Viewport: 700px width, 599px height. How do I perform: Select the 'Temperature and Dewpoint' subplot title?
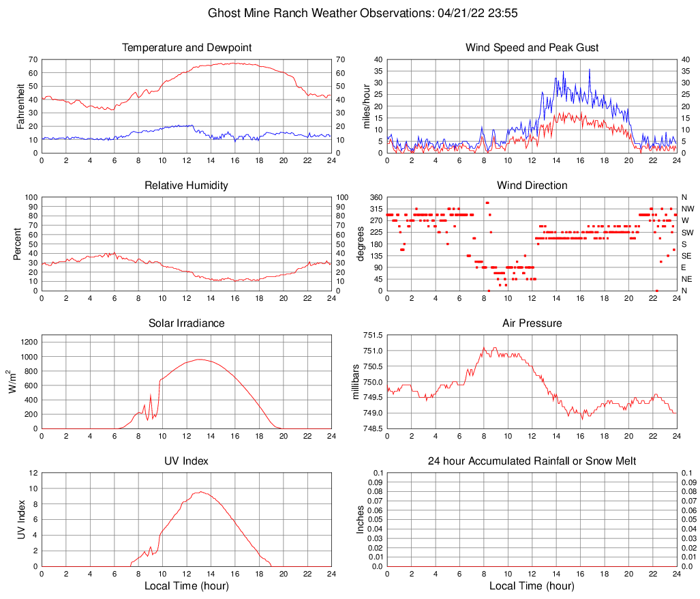coord(187,48)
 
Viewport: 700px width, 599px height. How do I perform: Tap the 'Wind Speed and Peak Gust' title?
coord(532,48)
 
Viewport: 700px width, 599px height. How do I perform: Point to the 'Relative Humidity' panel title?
coord(187,186)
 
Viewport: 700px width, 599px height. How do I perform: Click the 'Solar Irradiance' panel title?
coord(187,323)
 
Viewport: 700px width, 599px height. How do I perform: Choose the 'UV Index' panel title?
coord(187,461)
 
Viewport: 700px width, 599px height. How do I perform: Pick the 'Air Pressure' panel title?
coord(532,323)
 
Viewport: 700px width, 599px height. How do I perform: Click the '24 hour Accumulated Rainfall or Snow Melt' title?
coord(532,461)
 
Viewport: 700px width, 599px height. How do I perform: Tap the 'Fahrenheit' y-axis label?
coord(20,106)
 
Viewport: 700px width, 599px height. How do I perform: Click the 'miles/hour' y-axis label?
coord(366,106)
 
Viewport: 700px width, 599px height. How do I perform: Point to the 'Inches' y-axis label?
coord(361,520)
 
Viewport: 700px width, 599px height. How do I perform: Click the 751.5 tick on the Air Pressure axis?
coord(372,336)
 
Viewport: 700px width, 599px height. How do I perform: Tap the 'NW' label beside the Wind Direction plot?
coord(688,209)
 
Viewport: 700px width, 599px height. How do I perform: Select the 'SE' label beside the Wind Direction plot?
coord(687,256)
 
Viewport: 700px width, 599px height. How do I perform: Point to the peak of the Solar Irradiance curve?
coord(199,359)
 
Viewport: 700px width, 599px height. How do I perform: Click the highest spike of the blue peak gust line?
coord(590,69)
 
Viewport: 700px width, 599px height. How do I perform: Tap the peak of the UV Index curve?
coord(200,491)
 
